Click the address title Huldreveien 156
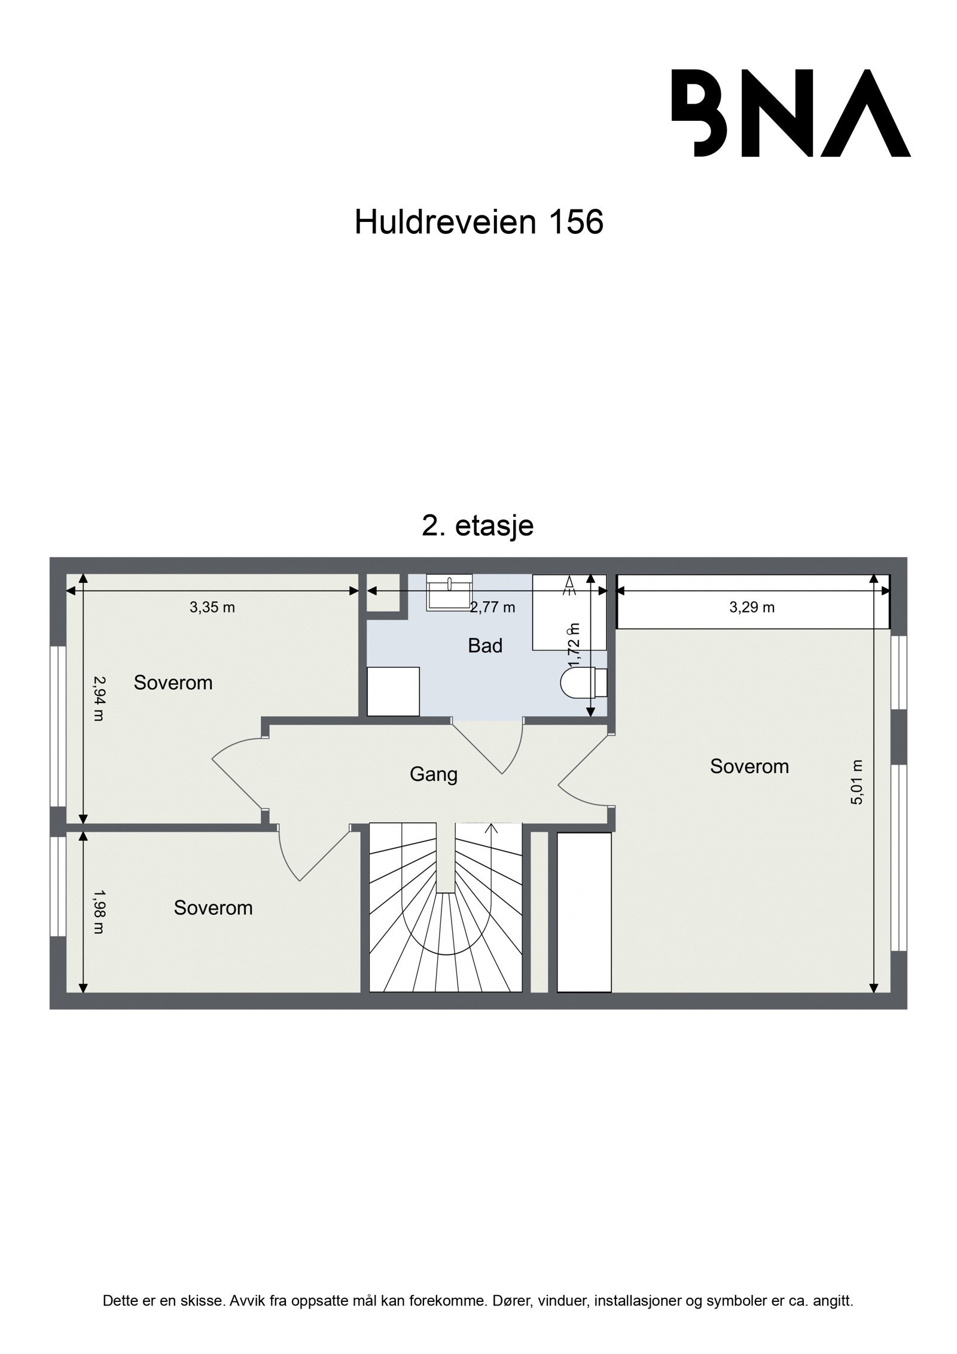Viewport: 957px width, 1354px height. (x=478, y=223)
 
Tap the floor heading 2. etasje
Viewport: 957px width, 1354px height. (x=477, y=526)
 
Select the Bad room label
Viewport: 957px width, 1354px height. (x=484, y=646)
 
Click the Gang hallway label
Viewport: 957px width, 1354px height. (x=433, y=775)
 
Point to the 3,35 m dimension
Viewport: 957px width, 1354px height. (x=212, y=608)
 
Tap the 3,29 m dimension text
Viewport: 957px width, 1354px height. (x=752, y=608)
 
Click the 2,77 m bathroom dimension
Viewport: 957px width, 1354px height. (x=492, y=608)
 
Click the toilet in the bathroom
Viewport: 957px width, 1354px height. (x=583, y=681)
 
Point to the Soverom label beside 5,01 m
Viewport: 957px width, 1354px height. (x=749, y=766)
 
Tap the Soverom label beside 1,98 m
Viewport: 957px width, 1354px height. (x=213, y=908)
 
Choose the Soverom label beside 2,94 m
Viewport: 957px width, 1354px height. (x=173, y=683)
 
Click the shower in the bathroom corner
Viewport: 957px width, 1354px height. (x=568, y=612)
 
